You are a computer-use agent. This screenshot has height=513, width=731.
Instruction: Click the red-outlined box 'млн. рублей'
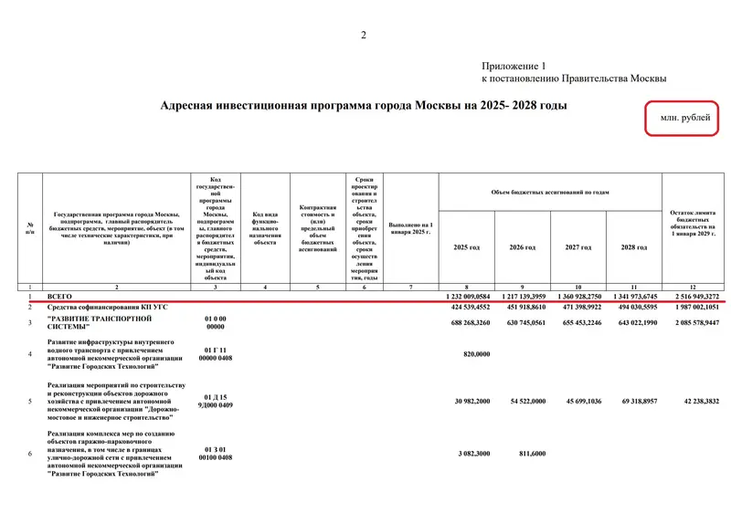click(684, 119)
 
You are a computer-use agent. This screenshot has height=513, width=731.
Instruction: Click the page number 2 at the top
click(363, 36)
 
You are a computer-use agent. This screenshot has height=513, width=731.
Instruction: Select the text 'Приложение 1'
click(514, 66)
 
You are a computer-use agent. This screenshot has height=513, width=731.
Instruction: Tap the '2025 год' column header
click(466, 247)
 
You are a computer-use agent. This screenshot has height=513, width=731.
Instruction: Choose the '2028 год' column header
click(633, 247)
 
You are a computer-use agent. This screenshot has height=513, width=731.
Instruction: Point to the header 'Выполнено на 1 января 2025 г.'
click(410, 228)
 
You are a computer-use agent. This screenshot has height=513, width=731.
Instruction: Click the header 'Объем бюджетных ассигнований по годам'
click(549, 192)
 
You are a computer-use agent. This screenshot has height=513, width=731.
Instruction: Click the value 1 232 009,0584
click(469, 297)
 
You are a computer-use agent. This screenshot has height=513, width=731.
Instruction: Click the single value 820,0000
click(476, 354)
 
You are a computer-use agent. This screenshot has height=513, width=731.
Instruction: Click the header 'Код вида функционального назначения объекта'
click(265, 229)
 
